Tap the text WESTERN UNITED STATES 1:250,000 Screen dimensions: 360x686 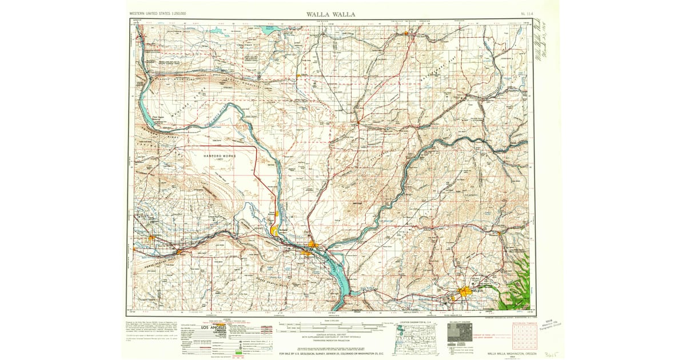tap(158, 13)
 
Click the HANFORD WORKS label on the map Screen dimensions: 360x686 tap(216, 156)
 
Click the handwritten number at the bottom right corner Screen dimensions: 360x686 tap(551, 354)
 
